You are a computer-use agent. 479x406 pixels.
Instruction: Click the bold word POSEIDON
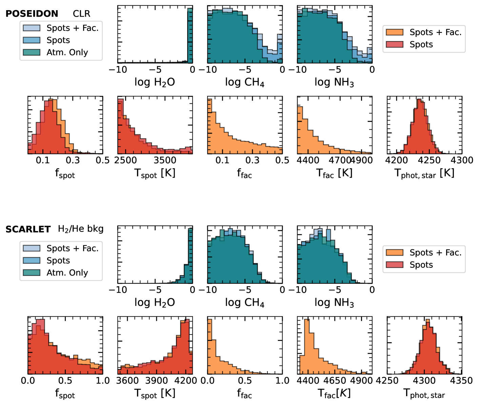click(x=32, y=14)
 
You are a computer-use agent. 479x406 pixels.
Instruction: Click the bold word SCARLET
click(x=28, y=229)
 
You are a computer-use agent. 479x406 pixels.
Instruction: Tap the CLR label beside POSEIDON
click(x=81, y=14)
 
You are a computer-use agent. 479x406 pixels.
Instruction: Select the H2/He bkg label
click(x=81, y=229)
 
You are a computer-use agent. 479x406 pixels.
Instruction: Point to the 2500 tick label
click(x=125, y=160)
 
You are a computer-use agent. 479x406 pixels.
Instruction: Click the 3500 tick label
click(x=165, y=160)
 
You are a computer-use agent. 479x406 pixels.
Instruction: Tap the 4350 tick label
click(x=461, y=381)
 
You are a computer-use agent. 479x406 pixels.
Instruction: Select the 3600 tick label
click(x=127, y=381)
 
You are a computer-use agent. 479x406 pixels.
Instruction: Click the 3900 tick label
click(x=157, y=381)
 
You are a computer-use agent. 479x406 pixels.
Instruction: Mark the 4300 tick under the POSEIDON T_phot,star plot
click(x=462, y=160)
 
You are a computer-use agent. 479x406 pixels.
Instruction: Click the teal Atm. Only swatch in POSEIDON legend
click(x=32, y=52)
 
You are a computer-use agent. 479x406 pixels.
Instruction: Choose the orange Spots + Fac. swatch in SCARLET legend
click(x=395, y=253)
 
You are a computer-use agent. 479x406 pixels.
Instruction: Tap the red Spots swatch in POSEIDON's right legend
click(x=395, y=44)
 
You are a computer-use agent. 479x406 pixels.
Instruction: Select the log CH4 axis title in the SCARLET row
click(x=244, y=302)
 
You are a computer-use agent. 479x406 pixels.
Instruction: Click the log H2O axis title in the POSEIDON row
click(x=155, y=82)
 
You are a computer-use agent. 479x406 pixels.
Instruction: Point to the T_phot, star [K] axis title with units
click(x=424, y=173)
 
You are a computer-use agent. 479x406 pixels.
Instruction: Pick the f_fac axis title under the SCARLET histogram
click(x=244, y=394)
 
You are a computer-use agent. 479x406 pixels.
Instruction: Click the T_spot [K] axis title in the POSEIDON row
click(x=155, y=173)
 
